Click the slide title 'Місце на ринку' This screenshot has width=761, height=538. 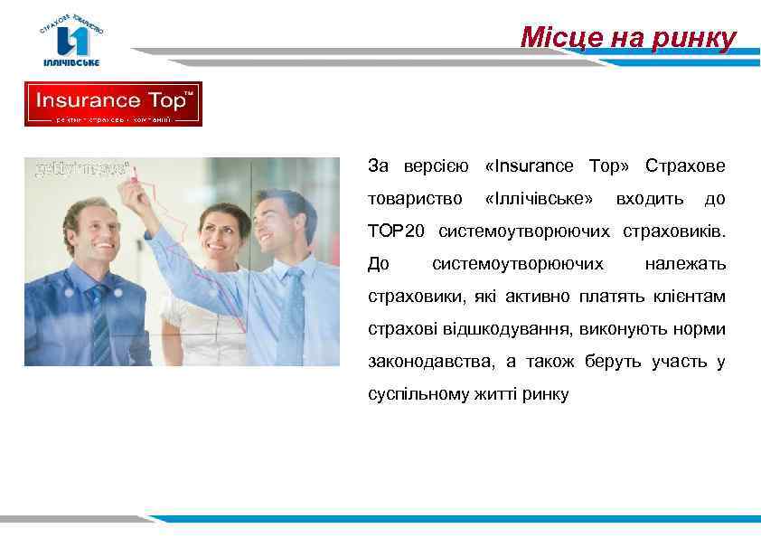tap(628, 38)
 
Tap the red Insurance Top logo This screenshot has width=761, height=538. tap(113, 104)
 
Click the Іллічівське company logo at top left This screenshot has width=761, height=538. tap(73, 41)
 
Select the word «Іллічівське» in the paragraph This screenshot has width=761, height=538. tap(539, 199)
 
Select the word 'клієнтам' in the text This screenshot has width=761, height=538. tap(691, 297)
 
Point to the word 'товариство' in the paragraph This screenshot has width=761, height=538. tap(415, 199)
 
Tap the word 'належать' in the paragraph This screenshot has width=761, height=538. tap(684, 264)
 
